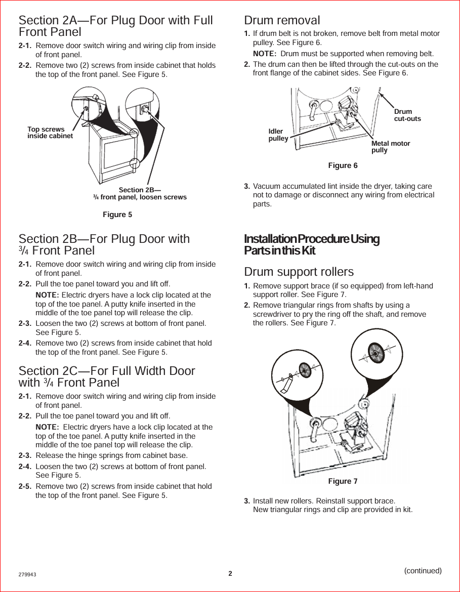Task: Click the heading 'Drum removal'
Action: pos(282,21)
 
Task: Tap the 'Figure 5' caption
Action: pos(117,215)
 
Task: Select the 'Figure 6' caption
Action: pos(343,165)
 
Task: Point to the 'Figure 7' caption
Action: pos(343,481)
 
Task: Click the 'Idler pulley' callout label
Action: pos(278,135)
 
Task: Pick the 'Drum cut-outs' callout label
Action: pos(407,115)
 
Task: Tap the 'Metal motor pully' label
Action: pos(390,147)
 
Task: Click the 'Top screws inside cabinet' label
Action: pos(50,133)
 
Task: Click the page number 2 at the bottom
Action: pos(230,573)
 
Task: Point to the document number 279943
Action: pos(27,575)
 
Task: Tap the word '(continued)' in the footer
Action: pos(423,571)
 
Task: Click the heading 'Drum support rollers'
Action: pos(299,272)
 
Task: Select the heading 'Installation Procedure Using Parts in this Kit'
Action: pos(311,244)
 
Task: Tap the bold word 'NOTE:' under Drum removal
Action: pos(264,54)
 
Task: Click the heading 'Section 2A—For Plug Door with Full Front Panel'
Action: pos(115,26)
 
